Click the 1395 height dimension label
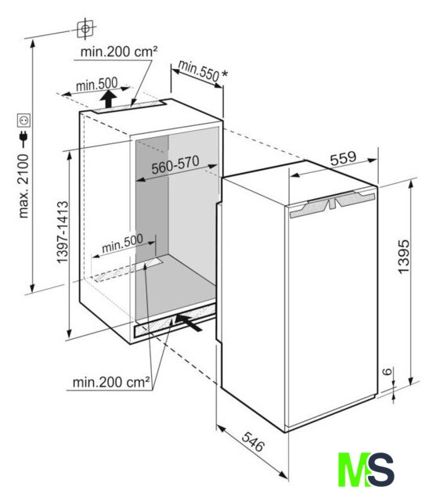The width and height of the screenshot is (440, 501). pyautogui.click(x=403, y=256)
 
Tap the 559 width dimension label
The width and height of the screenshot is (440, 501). pyautogui.click(x=343, y=158)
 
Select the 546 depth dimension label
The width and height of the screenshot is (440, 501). pyautogui.click(x=253, y=442)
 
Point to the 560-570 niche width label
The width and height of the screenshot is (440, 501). pyautogui.click(x=175, y=165)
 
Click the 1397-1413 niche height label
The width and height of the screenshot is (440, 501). pyautogui.click(x=63, y=232)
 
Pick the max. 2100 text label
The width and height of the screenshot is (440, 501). pyautogui.click(x=23, y=186)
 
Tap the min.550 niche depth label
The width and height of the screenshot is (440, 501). pyautogui.click(x=198, y=70)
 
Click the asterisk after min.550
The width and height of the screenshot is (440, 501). pyautogui.click(x=225, y=74)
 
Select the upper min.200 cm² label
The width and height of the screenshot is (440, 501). pyautogui.click(x=119, y=51)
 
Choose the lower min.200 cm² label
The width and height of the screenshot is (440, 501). pyautogui.click(x=111, y=382)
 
